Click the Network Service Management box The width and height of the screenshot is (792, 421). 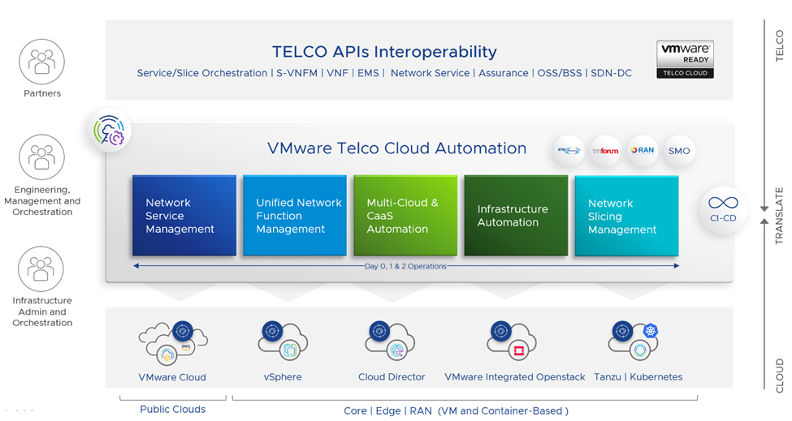[x=184, y=216]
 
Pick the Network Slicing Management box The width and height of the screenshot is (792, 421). [x=626, y=216]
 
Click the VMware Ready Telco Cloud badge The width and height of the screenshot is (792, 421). [x=685, y=59]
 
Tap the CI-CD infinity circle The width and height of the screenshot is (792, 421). [x=722, y=208]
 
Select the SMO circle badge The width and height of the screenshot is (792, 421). [x=679, y=151]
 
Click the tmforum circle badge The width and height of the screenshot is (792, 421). [x=604, y=151]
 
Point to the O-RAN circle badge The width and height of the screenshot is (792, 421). [x=642, y=151]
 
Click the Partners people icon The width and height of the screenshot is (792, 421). [x=41, y=62]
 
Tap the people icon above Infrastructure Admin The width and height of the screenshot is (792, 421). [x=41, y=269]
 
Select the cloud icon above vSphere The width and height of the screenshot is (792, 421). [x=282, y=341]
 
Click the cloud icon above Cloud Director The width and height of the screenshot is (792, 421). [x=391, y=341]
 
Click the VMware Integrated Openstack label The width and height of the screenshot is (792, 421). [x=515, y=377]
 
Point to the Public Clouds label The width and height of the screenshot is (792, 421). [x=172, y=410]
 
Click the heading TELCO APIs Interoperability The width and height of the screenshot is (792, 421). [x=384, y=52]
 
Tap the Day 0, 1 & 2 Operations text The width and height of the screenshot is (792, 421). [x=405, y=266]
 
